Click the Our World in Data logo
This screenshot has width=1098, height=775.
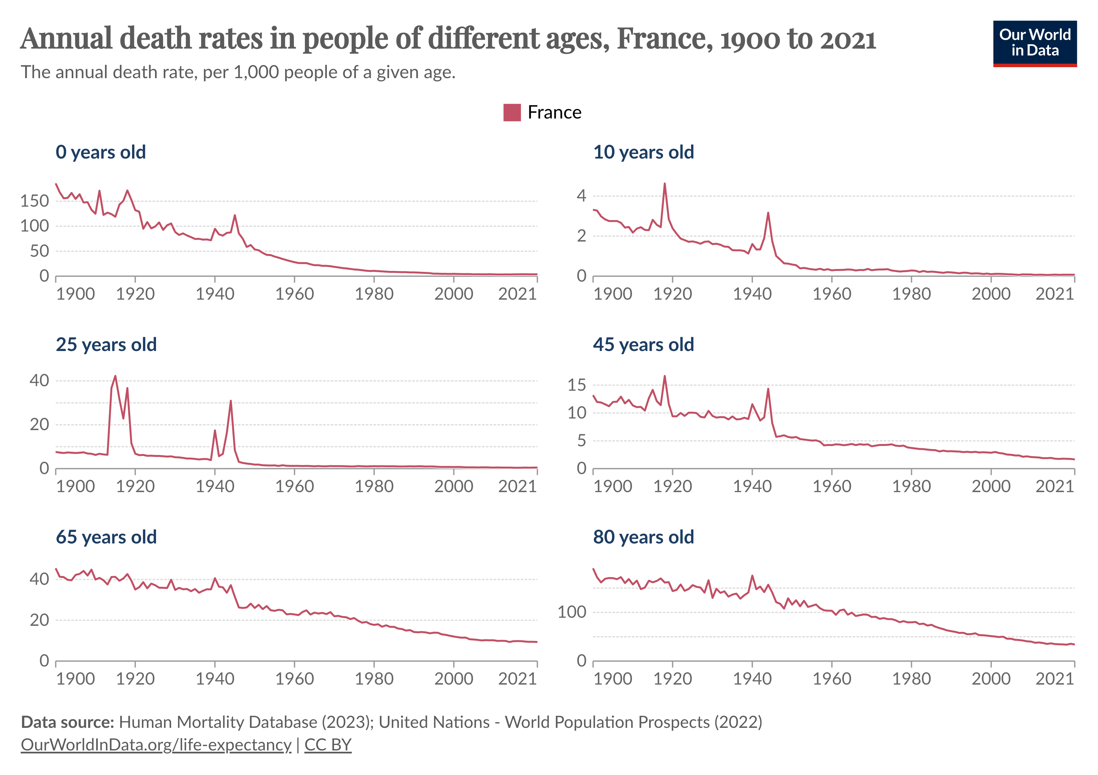1034,43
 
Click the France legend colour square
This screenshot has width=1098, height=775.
512,112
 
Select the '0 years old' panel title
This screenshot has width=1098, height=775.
100,152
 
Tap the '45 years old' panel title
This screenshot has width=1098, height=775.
643,345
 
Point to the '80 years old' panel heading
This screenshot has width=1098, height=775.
643,537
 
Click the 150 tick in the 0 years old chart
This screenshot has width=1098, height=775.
35,201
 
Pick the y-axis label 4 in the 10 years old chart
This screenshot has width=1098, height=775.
581,196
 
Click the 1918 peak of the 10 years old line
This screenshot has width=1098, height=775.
665,184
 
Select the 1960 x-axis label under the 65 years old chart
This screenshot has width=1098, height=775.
294,679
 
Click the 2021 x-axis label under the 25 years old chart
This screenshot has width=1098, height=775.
517,486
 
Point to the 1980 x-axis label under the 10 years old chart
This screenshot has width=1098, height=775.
911,294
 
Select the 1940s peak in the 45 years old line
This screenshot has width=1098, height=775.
768,389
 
